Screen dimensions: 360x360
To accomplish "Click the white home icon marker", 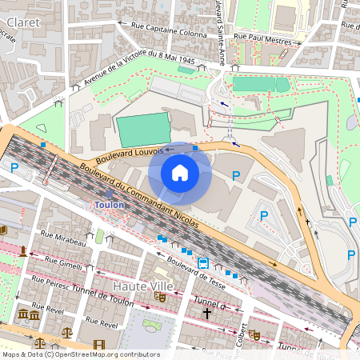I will pos(180,173).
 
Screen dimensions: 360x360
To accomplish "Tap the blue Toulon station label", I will pos(110,204).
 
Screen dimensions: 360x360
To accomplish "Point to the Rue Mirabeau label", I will pos(63,238).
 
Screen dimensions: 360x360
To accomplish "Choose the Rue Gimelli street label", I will pos(64,263).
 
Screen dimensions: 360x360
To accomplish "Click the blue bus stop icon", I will pos(204,263).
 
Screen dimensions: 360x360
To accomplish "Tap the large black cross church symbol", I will pos(207,314).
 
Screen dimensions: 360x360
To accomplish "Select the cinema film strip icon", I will pos(98,345).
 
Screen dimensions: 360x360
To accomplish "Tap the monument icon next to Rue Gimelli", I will pos(24,252).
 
